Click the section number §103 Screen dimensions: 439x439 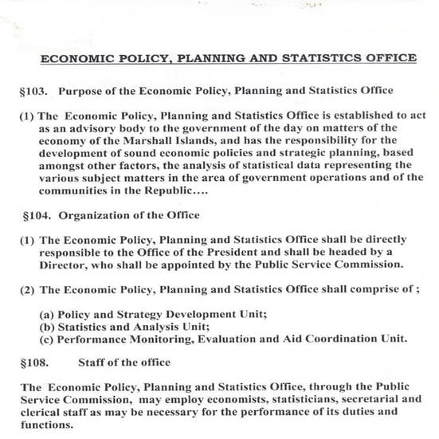click(x=35, y=90)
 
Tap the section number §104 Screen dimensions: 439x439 click(x=37, y=214)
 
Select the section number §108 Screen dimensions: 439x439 click(x=35, y=362)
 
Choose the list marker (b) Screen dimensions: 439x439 click(x=47, y=325)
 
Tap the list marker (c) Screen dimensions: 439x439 click(x=47, y=338)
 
